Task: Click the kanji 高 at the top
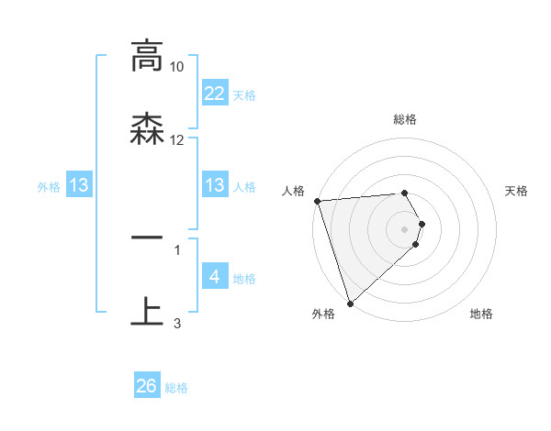point(147,57)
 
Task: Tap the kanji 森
point(147,129)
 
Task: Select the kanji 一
point(147,238)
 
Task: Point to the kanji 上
point(147,311)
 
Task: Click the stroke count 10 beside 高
point(177,67)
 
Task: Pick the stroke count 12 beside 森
point(177,140)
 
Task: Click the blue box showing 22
point(215,94)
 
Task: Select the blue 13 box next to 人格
point(215,185)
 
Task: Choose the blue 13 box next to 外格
point(79,185)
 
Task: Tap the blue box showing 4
point(215,277)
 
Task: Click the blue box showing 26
point(147,386)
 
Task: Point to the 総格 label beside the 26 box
point(176,388)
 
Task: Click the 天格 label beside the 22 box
point(244,94)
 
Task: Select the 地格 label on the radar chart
point(481,314)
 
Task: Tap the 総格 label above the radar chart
point(405,119)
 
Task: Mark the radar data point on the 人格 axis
point(316,201)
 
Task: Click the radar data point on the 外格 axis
point(350,303)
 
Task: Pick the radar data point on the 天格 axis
point(422,224)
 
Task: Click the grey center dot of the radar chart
point(405,229)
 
